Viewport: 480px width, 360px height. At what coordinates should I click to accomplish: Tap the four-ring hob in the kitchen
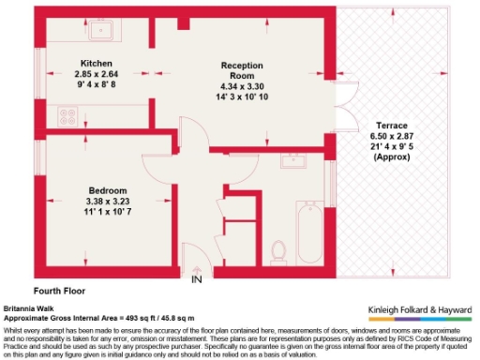(x=67, y=116)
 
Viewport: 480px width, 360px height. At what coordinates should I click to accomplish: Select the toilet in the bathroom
(x=277, y=249)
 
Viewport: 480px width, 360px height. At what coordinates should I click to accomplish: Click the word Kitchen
(x=97, y=64)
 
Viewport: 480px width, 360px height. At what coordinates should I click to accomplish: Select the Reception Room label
(x=242, y=70)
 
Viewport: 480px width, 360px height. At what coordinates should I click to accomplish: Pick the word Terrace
(x=391, y=126)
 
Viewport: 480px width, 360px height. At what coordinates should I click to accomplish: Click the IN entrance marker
(x=197, y=279)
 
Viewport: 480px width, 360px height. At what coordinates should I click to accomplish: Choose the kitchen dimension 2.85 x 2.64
(x=97, y=75)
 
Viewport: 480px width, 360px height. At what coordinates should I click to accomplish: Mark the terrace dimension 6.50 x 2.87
(x=391, y=137)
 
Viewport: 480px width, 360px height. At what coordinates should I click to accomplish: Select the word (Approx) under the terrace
(x=391, y=158)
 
